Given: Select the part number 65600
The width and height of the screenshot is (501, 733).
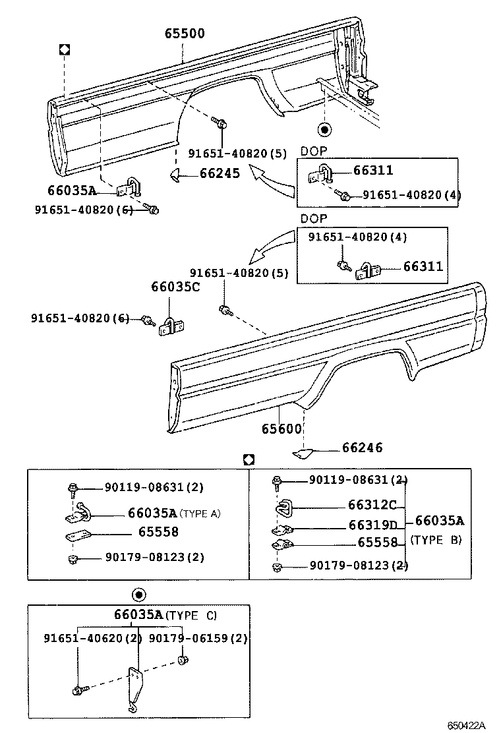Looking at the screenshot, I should click(281, 428).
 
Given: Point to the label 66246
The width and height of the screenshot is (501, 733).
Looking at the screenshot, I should click(362, 448).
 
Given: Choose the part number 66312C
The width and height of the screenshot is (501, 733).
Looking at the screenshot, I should click(372, 506).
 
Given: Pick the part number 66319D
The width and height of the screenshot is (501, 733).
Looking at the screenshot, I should click(372, 525).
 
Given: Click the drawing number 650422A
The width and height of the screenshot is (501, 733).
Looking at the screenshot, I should click(466, 726).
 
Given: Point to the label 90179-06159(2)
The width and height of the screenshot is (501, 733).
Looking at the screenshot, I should click(198, 638).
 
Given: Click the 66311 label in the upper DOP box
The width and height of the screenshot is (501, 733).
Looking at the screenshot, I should click(373, 171).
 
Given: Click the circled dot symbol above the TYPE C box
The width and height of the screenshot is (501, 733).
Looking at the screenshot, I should click(138, 595).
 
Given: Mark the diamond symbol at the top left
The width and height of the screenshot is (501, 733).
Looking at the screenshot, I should click(65, 49).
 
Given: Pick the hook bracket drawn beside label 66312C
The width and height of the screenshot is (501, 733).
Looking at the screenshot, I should click(283, 507).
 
